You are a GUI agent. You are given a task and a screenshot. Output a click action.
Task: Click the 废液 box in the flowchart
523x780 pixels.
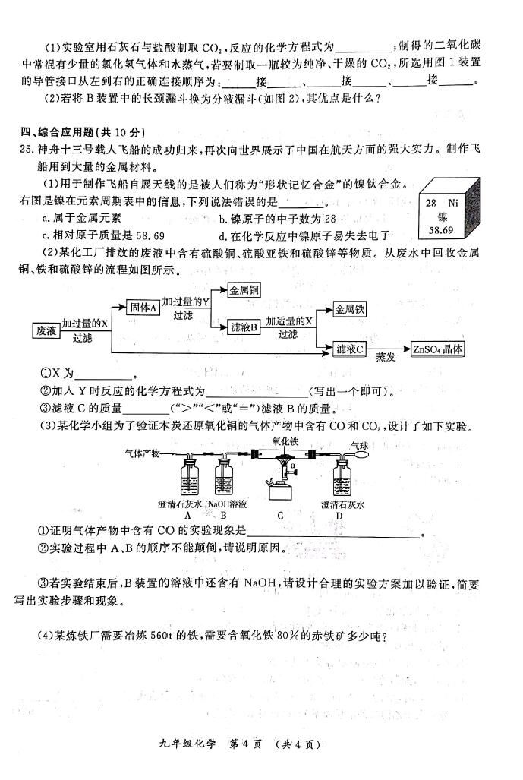coord(46,331)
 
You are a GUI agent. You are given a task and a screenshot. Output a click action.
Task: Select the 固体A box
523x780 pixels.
coord(143,308)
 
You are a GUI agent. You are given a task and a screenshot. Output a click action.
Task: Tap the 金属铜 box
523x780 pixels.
coord(244,290)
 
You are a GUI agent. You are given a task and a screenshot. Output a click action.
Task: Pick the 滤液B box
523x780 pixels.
coord(244,327)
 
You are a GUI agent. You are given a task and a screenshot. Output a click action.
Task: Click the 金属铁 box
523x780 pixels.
coord(349,309)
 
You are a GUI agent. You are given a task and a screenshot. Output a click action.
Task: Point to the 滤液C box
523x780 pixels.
coord(349,349)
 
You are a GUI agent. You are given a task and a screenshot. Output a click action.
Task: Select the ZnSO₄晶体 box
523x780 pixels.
coord(437,349)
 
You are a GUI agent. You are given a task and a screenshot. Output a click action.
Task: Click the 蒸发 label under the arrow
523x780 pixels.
coord(386,357)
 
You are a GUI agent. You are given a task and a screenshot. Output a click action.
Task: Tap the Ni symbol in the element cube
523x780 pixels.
coord(452,203)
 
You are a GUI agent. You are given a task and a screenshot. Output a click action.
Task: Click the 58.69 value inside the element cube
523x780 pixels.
coord(441,230)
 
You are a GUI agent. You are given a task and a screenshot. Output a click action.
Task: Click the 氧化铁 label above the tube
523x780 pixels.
coord(285,441)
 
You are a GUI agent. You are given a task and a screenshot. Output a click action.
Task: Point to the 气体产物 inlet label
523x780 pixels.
coord(142,453)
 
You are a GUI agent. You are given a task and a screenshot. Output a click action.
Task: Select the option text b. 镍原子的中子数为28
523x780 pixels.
coord(277,219)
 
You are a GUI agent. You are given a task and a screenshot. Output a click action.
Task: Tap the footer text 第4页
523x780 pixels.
coord(244,744)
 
